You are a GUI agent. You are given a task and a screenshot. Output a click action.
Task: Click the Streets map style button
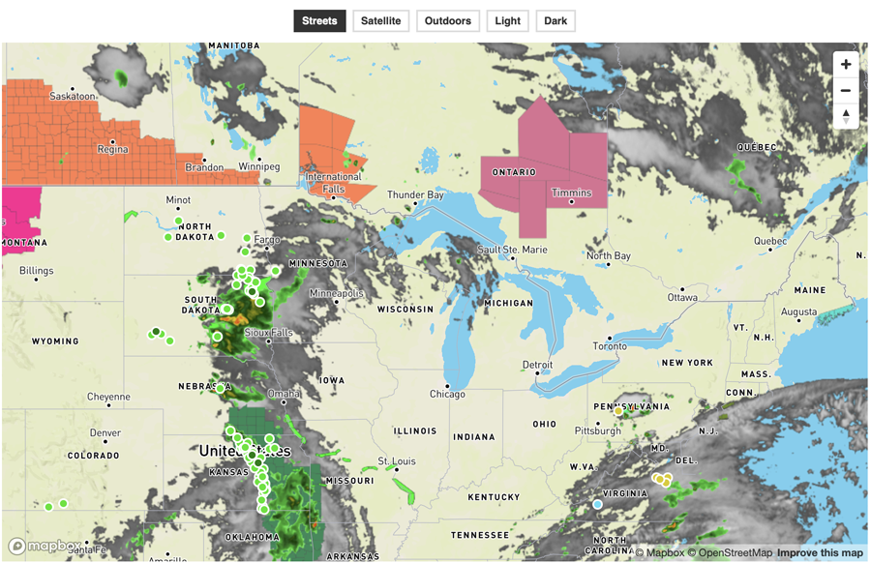[x=319, y=20]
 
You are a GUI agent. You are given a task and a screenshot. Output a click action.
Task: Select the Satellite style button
[x=381, y=20]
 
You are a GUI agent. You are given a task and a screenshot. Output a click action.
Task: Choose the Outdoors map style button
[x=448, y=20]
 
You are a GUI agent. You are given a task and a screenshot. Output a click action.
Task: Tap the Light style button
[x=507, y=20]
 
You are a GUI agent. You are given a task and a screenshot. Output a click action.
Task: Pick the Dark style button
[x=556, y=20]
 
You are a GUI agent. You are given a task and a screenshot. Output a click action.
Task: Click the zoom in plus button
[x=846, y=65]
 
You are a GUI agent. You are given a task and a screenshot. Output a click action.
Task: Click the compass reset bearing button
[x=846, y=116]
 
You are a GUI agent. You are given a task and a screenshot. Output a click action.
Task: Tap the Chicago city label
[x=447, y=394]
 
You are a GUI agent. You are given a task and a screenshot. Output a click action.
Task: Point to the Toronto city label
[x=610, y=345]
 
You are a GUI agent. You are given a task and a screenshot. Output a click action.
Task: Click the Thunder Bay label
[x=415, y=195]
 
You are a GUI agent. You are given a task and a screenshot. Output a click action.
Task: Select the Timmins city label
[x=571, y=193]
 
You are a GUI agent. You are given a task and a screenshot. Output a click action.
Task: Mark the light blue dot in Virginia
[x=597, y=504]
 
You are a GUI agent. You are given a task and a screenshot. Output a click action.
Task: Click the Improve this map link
[x=820, y=552]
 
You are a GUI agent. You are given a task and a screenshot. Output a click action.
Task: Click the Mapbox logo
[x=45, y=547]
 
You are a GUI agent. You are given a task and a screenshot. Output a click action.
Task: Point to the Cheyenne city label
[x=108, y=397]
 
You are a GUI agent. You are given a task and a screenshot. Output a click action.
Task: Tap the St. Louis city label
[x=396, y=460]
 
